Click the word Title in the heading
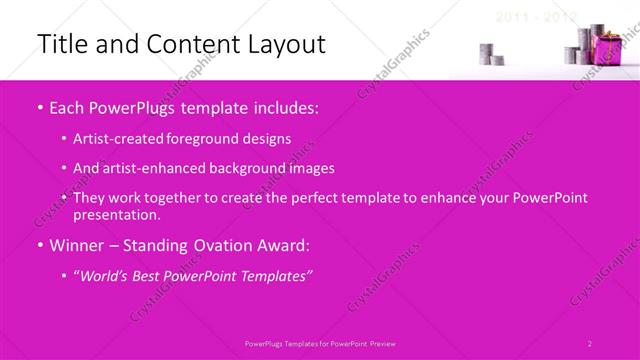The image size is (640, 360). pos(62,45)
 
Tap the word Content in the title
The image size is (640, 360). pos(178,45)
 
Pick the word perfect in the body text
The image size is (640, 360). pos(316,198)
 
